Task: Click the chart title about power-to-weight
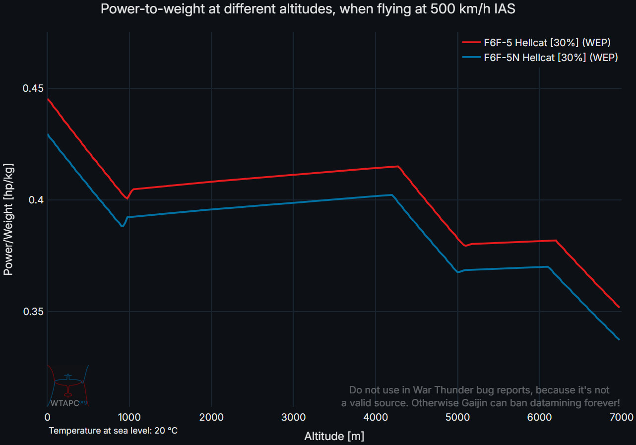pos(308,9)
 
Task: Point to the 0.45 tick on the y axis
pos(33,89)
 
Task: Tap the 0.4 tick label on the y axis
pos(36,200)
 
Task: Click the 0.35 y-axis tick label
pos(33,312)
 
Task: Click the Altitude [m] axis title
pos(334,437)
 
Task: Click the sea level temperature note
pos(113,431)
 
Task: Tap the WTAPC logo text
pos(65,403)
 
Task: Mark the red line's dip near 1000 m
pos(127,198)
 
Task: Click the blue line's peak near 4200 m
pos(391,195)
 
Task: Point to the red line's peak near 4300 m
pos(398,166)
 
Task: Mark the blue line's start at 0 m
pos(48,134)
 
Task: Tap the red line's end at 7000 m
pos(619,307)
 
